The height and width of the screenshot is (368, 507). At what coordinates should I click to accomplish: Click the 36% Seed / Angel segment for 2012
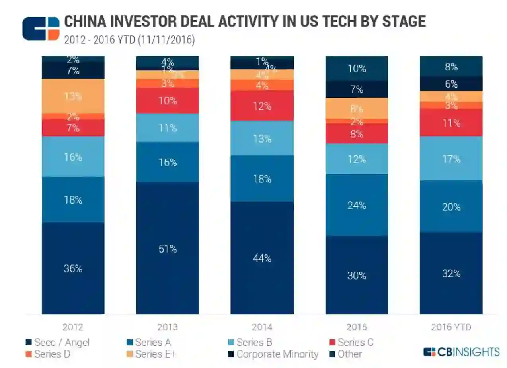(73, 268)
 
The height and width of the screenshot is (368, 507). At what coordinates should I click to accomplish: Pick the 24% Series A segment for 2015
(357, 205)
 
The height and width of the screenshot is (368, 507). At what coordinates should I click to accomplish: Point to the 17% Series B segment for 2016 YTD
(451, 159)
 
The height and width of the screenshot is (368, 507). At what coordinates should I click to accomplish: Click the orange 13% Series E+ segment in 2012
(73, 96)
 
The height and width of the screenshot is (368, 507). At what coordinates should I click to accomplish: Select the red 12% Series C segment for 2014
(262, 106)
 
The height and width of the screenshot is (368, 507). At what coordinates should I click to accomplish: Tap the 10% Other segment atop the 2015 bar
(357, 69)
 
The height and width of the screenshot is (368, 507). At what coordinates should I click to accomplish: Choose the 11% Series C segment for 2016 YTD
(451, 123)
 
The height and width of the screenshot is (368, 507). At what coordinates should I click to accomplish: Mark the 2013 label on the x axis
(167, 327)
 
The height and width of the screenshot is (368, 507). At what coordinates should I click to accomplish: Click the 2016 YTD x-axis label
(451, 327)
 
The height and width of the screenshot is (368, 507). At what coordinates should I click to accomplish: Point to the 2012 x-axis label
(73, 327)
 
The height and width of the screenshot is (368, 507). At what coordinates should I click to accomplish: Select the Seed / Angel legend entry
(58, 342)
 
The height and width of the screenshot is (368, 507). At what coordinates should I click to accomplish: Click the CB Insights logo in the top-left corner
(41, 29)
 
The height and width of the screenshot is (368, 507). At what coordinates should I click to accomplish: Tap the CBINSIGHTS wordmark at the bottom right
(462, 352)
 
